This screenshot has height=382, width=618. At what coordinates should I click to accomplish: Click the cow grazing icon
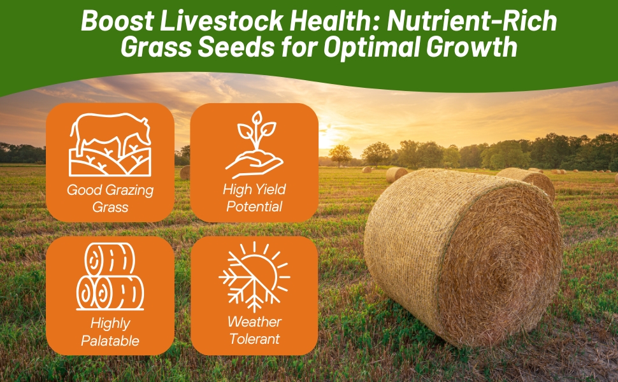pyautogui.click(x=110, y=145)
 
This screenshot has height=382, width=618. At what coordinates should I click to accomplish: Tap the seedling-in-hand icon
pyautogui.click(x=254, y=145)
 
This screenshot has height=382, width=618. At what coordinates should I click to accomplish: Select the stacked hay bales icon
pyautogui.click(x=110, y=276)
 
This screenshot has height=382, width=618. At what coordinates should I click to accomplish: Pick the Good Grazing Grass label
pyautogui.click(x=110, y=198)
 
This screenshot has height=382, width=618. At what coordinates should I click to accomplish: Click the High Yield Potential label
pyautogui.click(x=254, y=198)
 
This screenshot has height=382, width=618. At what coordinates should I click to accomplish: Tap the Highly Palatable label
pyautogui.click(x=110, y=332)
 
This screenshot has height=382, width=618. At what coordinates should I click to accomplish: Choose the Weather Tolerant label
pyautogui.click(x=254, y=330)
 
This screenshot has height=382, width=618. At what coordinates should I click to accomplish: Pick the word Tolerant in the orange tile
pyautogui.click(x=254, y=339)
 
